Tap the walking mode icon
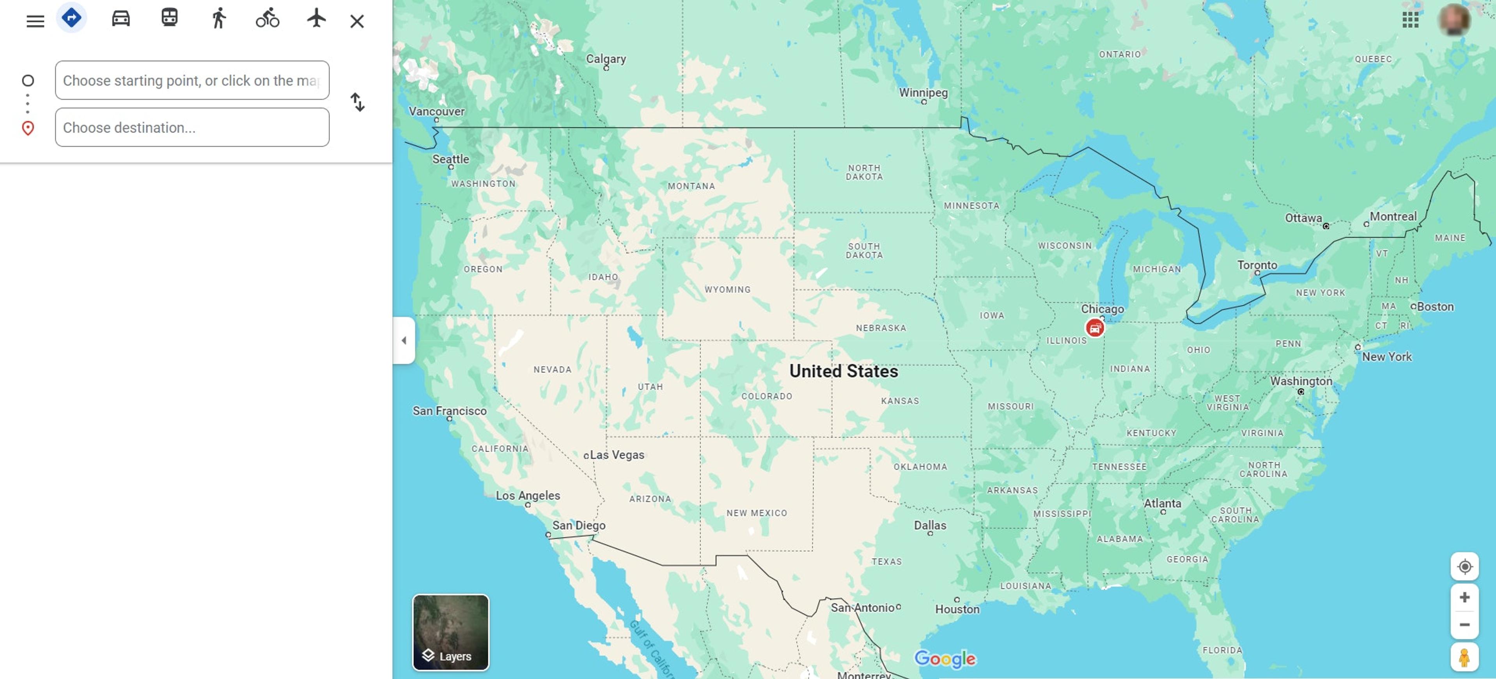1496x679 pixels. point(218,18)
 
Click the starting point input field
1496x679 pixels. point(191,81)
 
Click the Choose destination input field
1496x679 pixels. point(191,128)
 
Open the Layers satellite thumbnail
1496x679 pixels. point(451,632)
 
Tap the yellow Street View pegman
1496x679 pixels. point(1464,658)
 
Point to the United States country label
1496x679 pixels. point(843,371)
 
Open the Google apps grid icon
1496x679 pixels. point(1410,20)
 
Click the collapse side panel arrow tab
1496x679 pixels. point(404,341)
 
